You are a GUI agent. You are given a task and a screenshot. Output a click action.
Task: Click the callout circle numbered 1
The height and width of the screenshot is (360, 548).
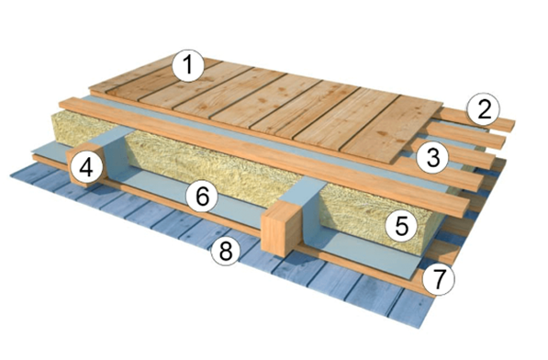188,66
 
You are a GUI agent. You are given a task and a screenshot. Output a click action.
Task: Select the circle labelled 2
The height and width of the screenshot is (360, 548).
484,110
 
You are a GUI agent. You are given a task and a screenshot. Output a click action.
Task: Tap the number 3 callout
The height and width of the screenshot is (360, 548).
433,157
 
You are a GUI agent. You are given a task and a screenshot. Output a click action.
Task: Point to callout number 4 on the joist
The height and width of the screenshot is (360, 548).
86,168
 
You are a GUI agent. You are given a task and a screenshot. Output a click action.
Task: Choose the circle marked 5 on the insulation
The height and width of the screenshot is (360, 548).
401,226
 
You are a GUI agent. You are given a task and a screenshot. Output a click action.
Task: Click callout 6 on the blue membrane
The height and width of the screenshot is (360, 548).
202,197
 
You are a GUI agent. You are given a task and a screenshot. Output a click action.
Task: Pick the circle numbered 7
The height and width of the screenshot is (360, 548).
439,278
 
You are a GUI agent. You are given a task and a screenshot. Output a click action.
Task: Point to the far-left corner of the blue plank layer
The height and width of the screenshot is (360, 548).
10,174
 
